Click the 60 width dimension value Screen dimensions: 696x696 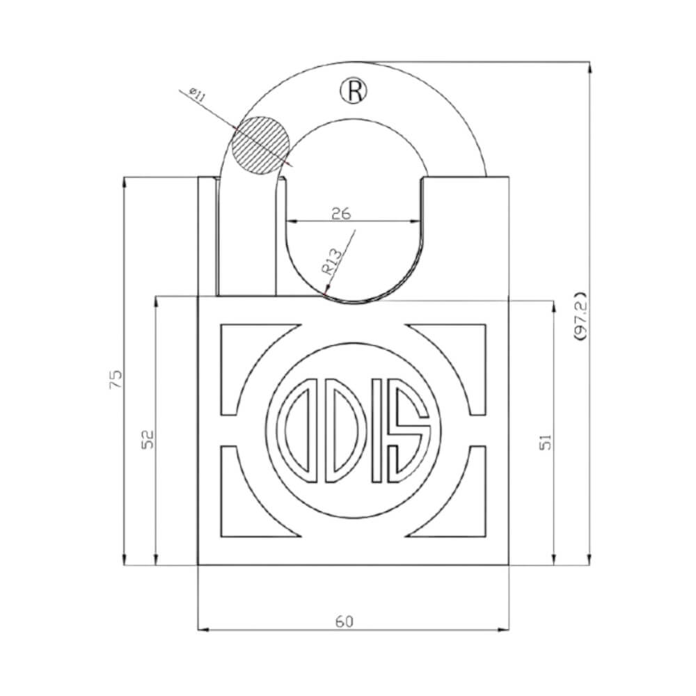[343, 621]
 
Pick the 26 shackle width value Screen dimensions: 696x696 [340, 214]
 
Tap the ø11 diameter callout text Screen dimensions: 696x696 [196, 95]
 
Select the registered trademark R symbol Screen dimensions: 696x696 [353, 90]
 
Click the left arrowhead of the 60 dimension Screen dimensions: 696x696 [203, 631]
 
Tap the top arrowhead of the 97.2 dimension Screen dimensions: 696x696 [590, 66]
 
